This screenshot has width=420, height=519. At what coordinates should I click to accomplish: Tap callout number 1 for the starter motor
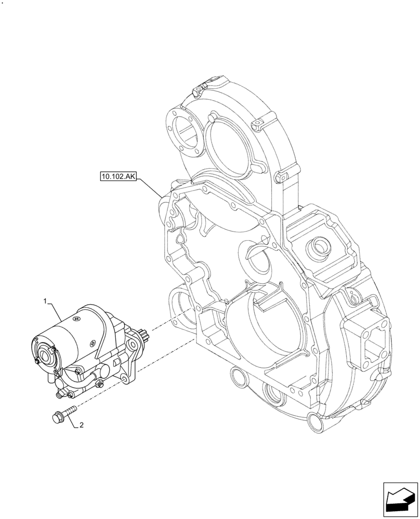46,301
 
